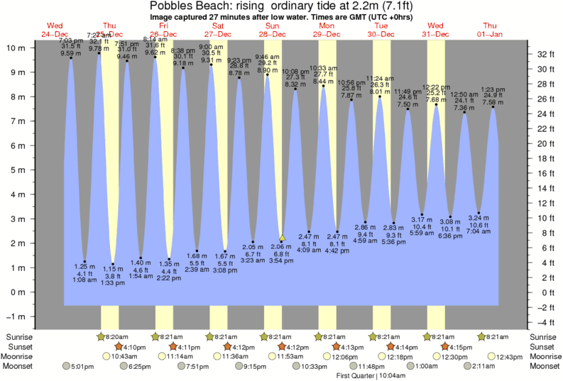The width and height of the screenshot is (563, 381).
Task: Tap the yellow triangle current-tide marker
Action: (282, 238)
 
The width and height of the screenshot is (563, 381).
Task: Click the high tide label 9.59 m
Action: (70, 53)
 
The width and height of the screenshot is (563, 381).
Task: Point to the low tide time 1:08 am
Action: (84, 280)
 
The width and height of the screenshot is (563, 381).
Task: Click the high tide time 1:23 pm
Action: (493, 89)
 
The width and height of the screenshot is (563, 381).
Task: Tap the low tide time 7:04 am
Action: (479, 231)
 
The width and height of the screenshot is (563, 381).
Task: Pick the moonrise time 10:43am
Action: (125, 356)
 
